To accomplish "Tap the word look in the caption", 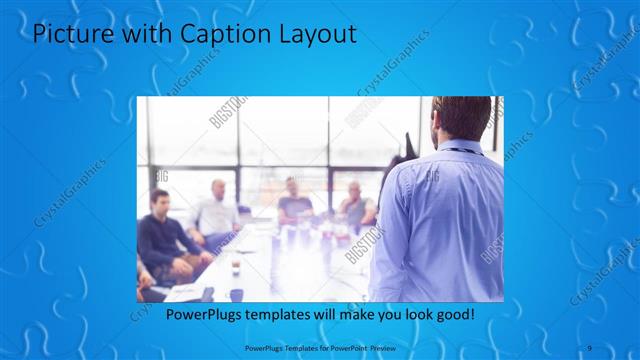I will tap(412, 314).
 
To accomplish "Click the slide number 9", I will tap(591, 348).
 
